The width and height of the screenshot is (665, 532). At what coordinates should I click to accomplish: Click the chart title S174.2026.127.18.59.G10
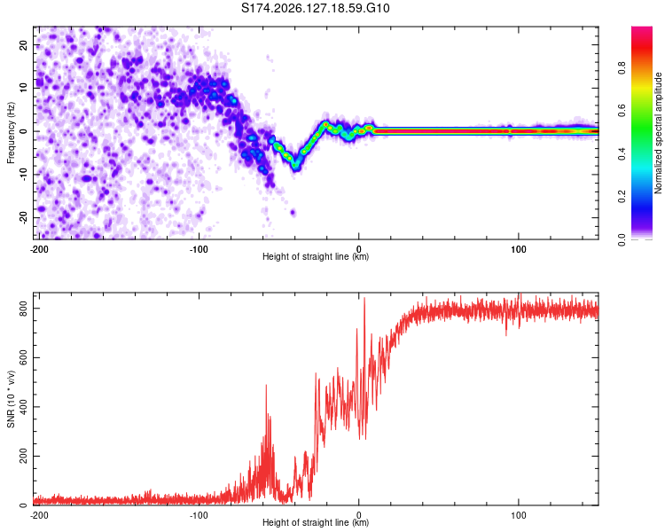tap(315, 8)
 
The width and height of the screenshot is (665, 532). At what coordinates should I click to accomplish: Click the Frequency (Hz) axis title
tap(11, 133)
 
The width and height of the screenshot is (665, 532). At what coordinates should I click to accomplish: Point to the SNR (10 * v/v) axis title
tap(11, 399)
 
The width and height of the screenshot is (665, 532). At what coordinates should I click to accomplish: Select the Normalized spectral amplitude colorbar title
tap(658, 133)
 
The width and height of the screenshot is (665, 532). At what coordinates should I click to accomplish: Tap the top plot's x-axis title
tap(316, 256)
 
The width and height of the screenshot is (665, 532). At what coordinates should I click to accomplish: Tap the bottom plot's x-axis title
tap(316, 522)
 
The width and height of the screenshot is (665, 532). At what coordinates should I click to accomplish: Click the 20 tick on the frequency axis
tap(24, 45)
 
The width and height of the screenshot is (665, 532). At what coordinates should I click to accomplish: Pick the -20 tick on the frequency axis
tap(24, 217)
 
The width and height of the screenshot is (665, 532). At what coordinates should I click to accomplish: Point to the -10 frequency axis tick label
tap(24, 175)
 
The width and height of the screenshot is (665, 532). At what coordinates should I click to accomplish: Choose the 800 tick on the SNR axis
tap(24, 309)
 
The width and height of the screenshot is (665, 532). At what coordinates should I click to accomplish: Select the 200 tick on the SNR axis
tap(24, 456)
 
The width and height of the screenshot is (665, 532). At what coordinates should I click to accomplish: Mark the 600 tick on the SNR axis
tap(24, 357)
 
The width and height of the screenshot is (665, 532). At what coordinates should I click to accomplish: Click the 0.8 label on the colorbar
tap(622, 68)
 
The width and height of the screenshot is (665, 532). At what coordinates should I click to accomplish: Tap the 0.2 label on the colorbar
tap(622, 197)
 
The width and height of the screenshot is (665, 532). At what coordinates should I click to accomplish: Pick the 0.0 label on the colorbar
tap(622, 239)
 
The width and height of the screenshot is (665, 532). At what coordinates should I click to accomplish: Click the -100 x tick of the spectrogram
tap(199, 249)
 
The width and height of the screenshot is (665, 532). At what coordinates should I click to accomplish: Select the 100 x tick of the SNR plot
tap(519, 515)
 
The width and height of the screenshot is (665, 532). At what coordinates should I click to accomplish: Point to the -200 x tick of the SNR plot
tap(39, 515)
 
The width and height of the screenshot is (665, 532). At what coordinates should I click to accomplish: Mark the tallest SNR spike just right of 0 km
tap(364, 298)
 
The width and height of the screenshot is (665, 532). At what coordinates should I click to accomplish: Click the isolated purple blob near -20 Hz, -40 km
tap(293, 213)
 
